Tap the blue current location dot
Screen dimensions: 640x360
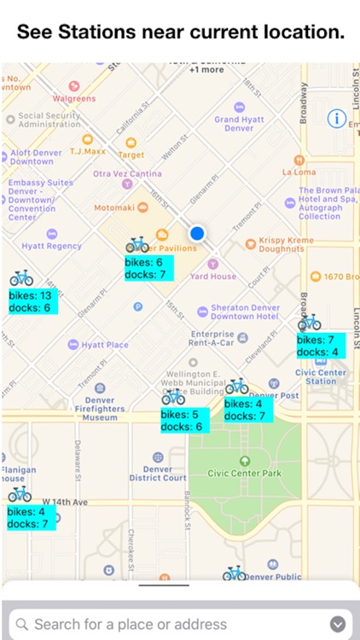pyautogui.click(x=198, y=233)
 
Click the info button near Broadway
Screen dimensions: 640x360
pyautogui.click(x=338, y=119)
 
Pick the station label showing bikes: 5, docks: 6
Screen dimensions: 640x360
pyautogui.click(x=182, y=420)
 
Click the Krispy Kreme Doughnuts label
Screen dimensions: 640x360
pyautogui.click(x=282, y=244)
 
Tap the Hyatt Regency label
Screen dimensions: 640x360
pyautogui.click(x=52, y=246)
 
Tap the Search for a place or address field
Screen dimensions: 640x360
pyautogui.click(x=171, y=624)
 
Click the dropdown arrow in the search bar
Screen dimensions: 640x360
pyautogui.click(x=338, y=624)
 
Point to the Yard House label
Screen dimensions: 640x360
pyautogui.click(x=213, y=276)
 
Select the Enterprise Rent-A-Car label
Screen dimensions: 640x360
pyautogui.click(x=212, y=338)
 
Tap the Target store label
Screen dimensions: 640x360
pyautogui.click(x=131, y=154)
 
